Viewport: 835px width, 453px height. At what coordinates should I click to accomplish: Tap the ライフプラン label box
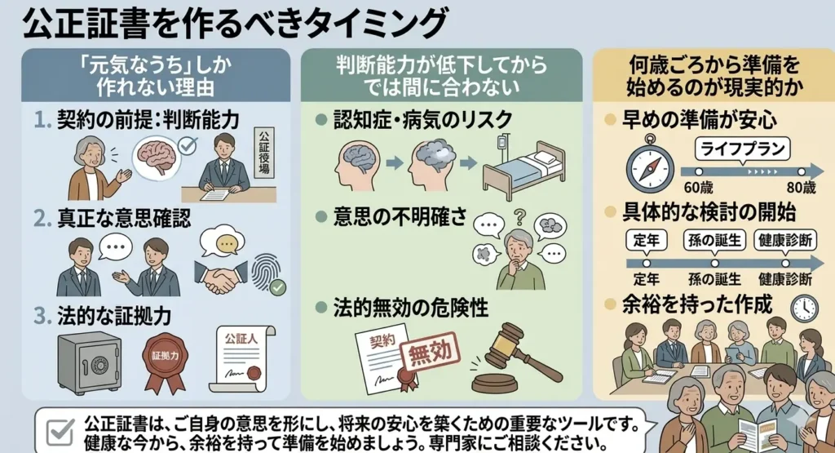pyautogui.click(x=742, y=149)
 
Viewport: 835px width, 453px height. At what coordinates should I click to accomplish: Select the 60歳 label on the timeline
pyautogui.click(x=698, y=188)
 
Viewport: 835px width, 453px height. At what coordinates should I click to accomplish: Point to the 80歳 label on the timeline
pyautogui.click(x=802, y=188)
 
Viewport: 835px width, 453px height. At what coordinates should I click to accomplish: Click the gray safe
pyautogui.click(x=89, y=363)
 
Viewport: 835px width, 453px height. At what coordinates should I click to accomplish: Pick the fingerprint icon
pyautogui.click(x=267, y=273)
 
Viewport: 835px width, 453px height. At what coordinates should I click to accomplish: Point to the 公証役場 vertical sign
pyautogui.click(x=264, y=153)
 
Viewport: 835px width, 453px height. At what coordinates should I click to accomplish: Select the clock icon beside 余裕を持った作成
pyautogui.click(x=804, y=308)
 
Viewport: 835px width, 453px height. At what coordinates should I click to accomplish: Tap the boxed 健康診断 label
pyautogui.click(x=785, y=240)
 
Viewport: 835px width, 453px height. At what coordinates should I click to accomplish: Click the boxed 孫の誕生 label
pyautogui.click(x=714, y=240)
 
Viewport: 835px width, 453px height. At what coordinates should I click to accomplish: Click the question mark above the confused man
pyautogui.click(x=519, y=217)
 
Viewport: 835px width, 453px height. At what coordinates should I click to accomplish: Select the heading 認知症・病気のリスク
pyautogui.click(x=423, y=120)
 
